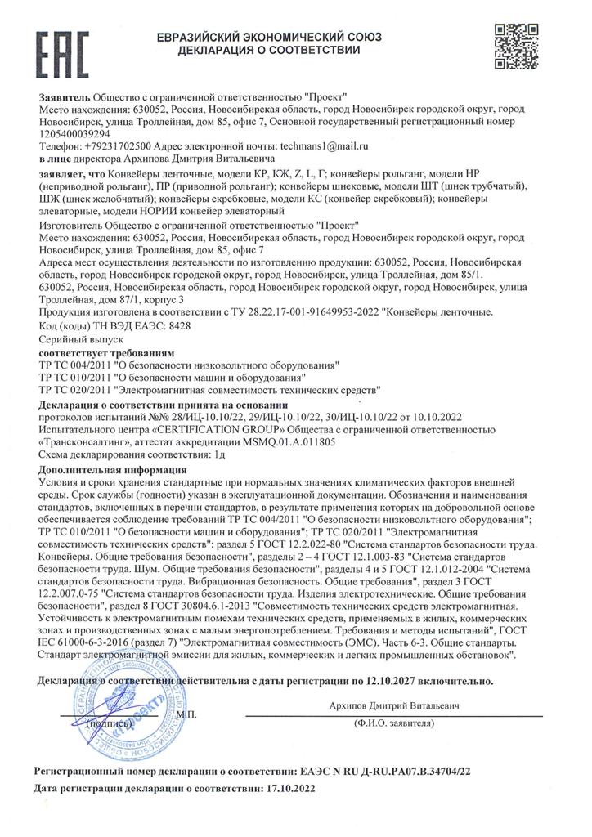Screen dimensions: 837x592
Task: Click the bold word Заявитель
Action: click(x=64, y=97)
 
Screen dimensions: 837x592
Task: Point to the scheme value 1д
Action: click(x=217, y=452)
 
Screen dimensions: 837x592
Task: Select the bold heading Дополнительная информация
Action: click(x=112, y=470)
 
